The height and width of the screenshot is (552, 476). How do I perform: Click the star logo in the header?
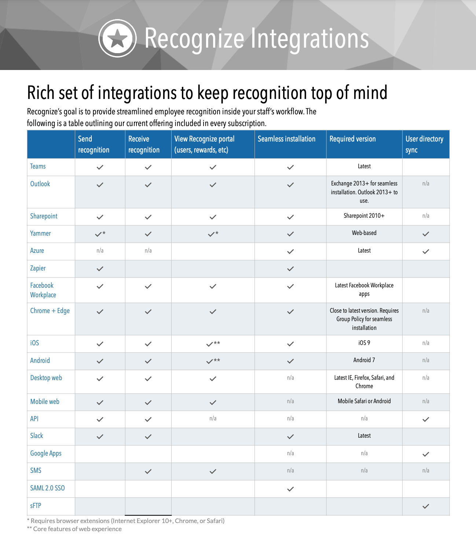117,38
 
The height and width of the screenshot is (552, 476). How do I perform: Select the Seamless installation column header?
286,139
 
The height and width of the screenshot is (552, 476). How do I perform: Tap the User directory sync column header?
424,144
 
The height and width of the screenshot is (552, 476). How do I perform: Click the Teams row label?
38,166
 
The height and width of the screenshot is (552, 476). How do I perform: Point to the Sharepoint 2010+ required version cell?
364,216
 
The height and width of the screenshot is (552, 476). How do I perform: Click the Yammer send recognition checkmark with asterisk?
100,234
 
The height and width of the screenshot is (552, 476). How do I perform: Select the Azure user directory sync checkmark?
425,251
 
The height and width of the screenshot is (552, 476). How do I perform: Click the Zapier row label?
38,268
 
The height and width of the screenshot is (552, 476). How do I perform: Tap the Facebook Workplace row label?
43,290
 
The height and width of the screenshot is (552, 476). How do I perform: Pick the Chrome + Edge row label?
50,311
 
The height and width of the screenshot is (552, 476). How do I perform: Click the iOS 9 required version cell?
364,343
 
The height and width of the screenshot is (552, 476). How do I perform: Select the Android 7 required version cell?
364,360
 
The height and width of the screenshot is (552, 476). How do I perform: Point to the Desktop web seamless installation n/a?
290,378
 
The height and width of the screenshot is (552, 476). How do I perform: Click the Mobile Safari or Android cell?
364,401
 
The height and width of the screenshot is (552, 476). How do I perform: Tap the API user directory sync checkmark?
425,419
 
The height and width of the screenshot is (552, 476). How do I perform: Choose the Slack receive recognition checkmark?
148,437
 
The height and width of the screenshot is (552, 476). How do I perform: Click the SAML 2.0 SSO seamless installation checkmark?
290,489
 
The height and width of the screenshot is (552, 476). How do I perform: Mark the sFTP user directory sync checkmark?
425,506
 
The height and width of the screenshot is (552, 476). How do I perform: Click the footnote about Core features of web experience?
74,529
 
